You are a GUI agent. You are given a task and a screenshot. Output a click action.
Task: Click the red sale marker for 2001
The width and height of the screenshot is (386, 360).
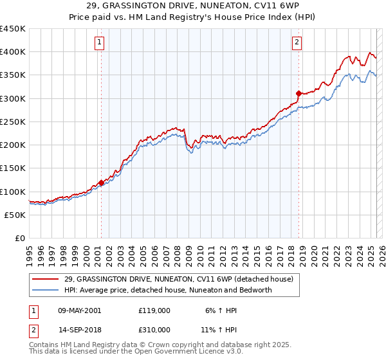(x=101, y=183)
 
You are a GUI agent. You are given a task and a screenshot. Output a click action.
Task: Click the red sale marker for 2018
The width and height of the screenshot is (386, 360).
(x=299, y=94)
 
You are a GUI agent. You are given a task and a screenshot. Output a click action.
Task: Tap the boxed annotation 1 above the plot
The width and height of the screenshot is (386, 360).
(x=100, y=43)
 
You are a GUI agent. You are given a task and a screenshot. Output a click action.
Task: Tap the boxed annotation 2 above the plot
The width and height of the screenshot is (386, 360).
(x=297, y=43)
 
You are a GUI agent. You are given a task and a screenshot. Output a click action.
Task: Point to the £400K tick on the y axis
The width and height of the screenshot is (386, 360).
(x=13, y=52)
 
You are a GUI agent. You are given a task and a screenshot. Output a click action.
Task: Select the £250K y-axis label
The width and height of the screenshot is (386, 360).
(x=13, y=122)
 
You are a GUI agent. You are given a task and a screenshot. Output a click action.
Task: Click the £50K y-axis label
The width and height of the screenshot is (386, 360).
(x=15, y=215)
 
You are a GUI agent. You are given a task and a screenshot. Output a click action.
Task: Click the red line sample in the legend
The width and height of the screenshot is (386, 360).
(x=46, y=280)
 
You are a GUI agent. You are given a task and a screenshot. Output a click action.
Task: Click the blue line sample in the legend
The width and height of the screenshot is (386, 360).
(x=46, y=290)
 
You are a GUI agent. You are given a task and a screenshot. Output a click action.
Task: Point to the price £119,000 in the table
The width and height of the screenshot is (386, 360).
(x=154, y=310)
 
